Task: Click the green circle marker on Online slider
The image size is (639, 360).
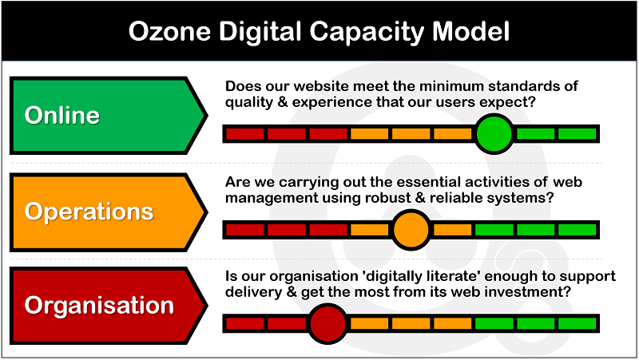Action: (494, 133)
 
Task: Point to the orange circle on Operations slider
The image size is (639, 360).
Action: (411, 229)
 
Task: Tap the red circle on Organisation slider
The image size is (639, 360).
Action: (327, 324)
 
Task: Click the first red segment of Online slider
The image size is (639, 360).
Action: (245, 133)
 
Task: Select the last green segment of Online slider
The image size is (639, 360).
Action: (577, 133)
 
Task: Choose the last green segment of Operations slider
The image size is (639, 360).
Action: (577, 229)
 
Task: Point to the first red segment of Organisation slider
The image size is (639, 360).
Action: (245, 324)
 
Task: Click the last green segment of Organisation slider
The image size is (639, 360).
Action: (577, 324)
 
